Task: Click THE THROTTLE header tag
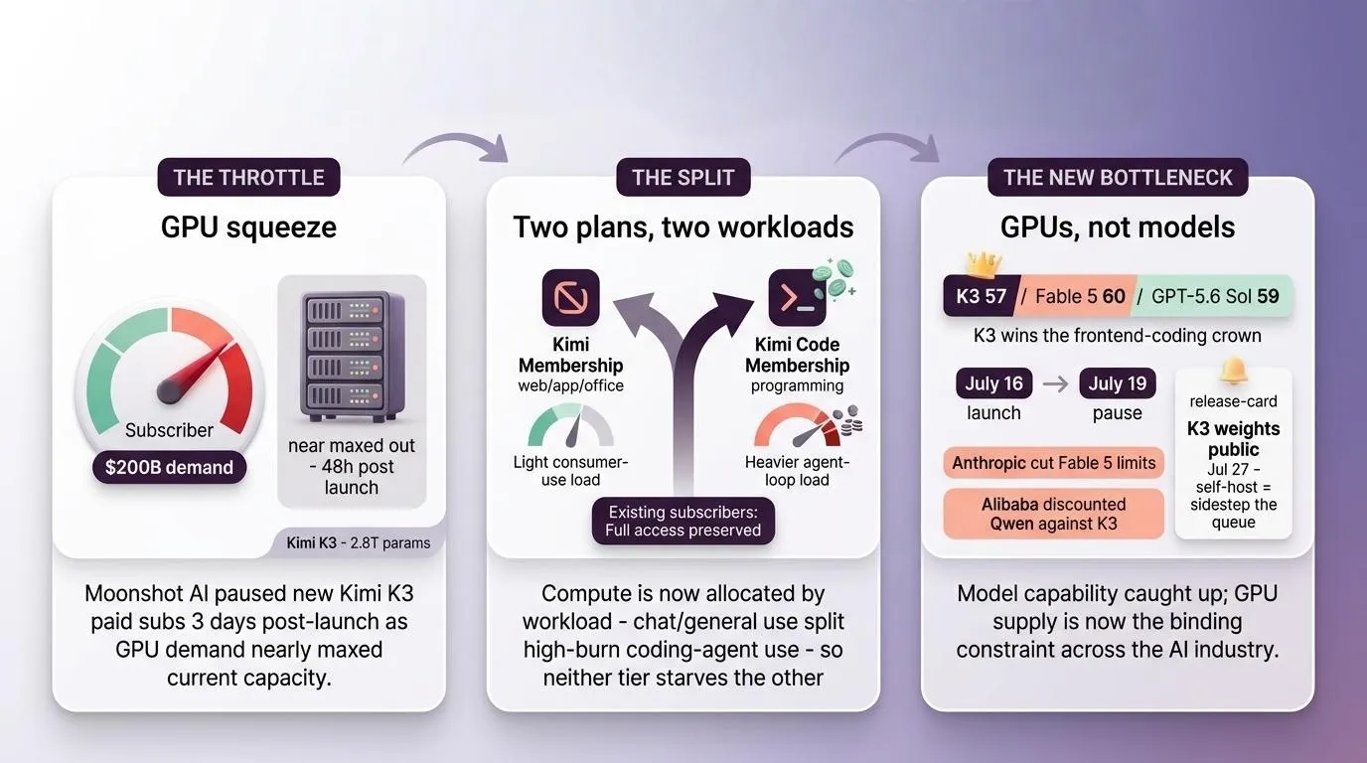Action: click(x=249, y=177)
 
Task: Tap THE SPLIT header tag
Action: click(x=683, y=177)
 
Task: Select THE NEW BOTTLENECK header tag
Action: click(x=1118, y=177)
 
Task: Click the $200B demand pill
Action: click(x=169, y=468)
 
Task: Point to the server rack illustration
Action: click(x=352, y=356)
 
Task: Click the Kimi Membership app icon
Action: click(x=570, y=297)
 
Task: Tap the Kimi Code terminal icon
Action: click(x=797, y=297)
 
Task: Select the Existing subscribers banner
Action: click(x=683, y=522)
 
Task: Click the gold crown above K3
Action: click(x=984, y=263)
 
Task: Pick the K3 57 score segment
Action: click(x=981, y=296)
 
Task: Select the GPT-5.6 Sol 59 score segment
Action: click(x=1213, y=296)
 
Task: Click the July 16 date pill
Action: click(x=993, y=383)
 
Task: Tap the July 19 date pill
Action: click(x=1118, y=383)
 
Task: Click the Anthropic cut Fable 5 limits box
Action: click(x=1053, y=463)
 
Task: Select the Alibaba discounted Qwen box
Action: click(x=1053, y=514)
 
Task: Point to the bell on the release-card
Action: click(x=1233, y=372)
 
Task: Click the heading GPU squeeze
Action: click(x=249, y=228)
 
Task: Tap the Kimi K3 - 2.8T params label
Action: click(x=359, y=542)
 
